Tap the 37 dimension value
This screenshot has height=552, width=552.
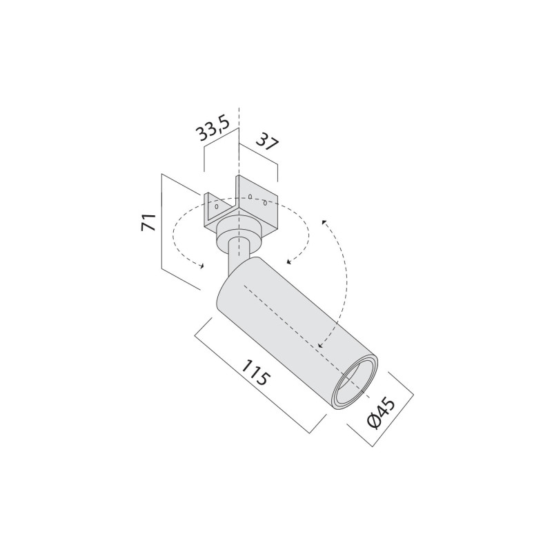point(266,142)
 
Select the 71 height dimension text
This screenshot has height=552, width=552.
point(148,222)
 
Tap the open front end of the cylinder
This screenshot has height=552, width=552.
point(355,384)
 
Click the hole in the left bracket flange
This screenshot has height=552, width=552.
point(217,206)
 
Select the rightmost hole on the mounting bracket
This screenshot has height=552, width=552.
point(264,202)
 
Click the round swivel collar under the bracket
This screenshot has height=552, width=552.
point(238,233)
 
